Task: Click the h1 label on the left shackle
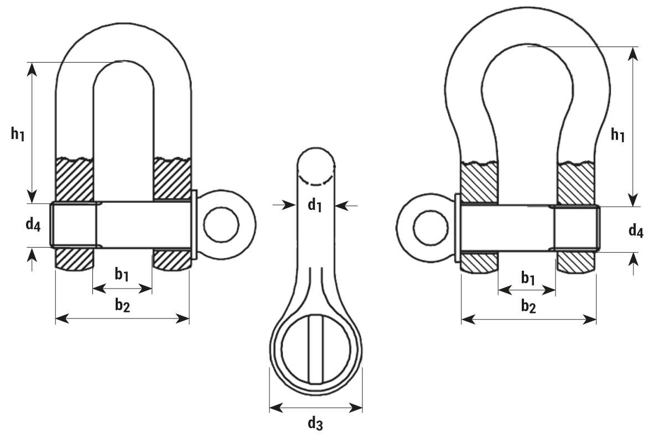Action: pyautogui.click(x=18, y=134)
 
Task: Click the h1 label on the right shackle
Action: pyautogui.click(x=617, y=135)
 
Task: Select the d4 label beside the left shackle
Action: pyautogui.click(x=33, y=224)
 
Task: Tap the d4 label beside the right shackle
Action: pyautogui.click(x=636, y=230)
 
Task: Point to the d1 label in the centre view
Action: pyautogui.click(x=315, y=205)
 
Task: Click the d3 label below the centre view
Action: pyautogui.click(x=315, y=423)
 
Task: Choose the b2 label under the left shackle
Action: pyautogui.click(x=123, y=306)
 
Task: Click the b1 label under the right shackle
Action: pyautogui.click(x=528, y=278)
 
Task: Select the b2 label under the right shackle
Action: pyautogui.click(x=528, y=307)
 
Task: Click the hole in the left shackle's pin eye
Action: pyautogui.click(x=222, y=225)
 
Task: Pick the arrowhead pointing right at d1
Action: pyautogui.click(x=289, y=205)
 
